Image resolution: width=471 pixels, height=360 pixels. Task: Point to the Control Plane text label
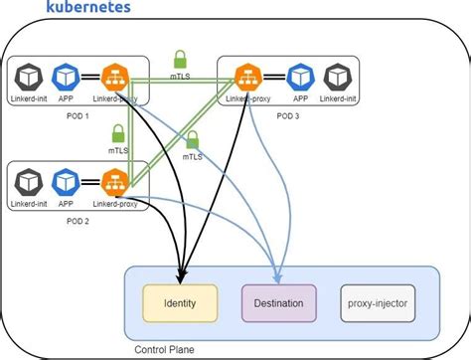[x=165, y=349]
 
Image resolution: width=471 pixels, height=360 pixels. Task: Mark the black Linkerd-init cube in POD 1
[x=26, y=77]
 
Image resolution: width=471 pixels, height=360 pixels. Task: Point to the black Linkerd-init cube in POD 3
[x=341, y=77]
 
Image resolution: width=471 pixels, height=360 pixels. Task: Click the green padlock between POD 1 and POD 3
[x=181, y=59]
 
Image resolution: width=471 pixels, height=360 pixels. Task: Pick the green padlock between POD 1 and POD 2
[x=117, y=132]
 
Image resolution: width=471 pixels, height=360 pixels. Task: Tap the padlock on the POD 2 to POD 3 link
[x=193, y=140]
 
